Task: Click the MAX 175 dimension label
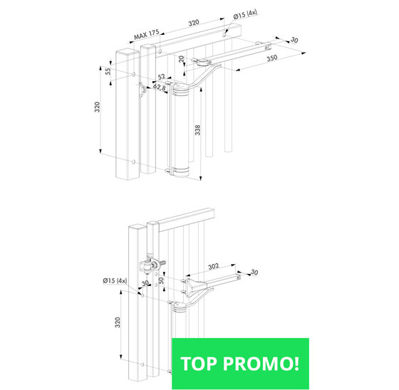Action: click(147, 35)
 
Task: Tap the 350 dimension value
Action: click(272, 58)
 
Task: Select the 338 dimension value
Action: click(198, 130)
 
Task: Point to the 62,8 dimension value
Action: click(160, 88)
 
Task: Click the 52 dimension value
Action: click(162, 76)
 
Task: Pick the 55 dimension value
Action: click(108, 71)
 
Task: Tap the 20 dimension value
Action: click(182, 59)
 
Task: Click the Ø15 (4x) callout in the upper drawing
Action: click(245, 14)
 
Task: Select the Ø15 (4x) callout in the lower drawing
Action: click(115, 280)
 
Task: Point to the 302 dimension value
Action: click(214, 266)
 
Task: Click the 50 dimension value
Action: click(161, 280)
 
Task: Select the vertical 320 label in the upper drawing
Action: click(97, 107)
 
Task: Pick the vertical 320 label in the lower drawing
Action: click(118, 322)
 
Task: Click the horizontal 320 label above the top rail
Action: click(194, 23)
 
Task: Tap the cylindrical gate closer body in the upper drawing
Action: click(181, 130)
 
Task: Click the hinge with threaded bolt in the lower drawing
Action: click(151, 265)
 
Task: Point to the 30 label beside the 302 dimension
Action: click(254, 273)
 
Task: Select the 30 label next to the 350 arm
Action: click(294, 40)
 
